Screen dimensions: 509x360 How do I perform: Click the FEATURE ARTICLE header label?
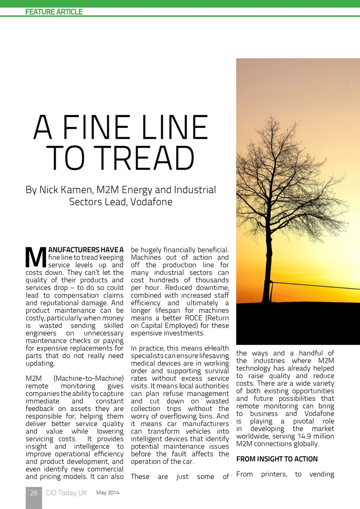[54, 12]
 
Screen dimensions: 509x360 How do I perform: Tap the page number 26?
[34, 493]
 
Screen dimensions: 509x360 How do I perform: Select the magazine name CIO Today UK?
[66, 493]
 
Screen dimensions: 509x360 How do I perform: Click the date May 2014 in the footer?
[108, 492]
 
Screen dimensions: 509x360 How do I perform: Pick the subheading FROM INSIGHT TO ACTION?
[277, 459]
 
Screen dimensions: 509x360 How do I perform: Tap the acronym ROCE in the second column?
[193, 318]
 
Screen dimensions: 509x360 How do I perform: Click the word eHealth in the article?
[216, 348]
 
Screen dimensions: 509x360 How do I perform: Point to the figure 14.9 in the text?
[304, 436]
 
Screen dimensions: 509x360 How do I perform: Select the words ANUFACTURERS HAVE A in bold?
[86, 250]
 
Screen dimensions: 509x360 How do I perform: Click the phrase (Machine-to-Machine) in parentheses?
[88, 378]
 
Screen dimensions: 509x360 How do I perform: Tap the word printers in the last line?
[274, 474]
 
